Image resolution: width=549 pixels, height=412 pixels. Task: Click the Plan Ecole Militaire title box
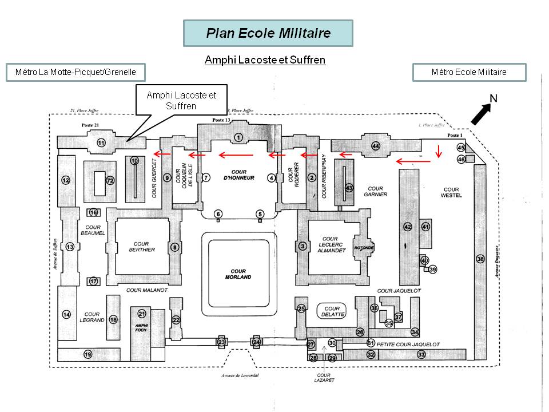click(268, 33)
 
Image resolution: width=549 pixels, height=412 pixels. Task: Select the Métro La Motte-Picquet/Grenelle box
click(75, 72)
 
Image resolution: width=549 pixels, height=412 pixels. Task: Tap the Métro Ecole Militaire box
click(469, 72)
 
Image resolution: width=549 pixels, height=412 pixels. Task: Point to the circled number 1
click(238, 136)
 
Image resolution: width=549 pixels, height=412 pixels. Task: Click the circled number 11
click(101, 142)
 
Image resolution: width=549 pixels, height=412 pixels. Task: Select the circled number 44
click(376, 146)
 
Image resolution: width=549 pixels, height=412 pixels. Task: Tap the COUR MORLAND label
click(238, 274)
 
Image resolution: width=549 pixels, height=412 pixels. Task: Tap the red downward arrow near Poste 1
click(439, 151)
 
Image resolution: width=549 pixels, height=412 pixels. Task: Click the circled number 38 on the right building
click(480, 259)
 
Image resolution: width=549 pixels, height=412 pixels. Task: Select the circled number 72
click(110, 181)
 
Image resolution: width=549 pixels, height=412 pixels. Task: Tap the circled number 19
click(87, 355)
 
